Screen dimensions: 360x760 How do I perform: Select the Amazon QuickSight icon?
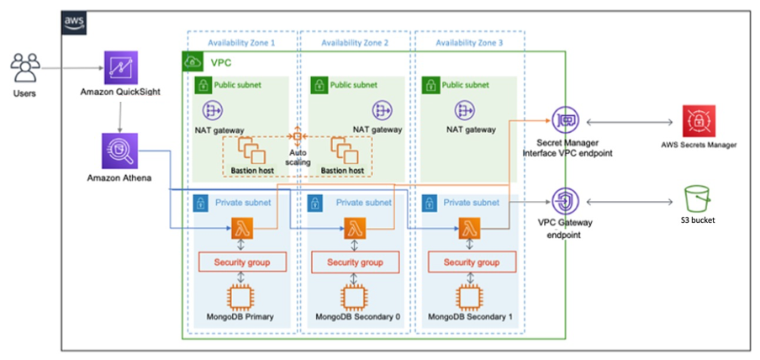coord(121,66)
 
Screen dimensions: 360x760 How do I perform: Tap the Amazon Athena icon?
coord(121,151)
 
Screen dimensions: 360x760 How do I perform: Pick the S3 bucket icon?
coord(698,200)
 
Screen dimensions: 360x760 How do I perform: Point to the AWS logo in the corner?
coord(73,21)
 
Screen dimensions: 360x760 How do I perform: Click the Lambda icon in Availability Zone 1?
coord(241,228)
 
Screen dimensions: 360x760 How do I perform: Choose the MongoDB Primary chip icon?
coord(241,299)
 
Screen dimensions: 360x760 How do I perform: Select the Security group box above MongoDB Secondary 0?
coord(354,262)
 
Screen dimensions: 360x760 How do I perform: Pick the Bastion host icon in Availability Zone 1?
coord(251,151)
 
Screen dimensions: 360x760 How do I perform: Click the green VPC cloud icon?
coord(192,61)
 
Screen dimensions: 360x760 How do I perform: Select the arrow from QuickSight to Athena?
coord(121,109)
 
